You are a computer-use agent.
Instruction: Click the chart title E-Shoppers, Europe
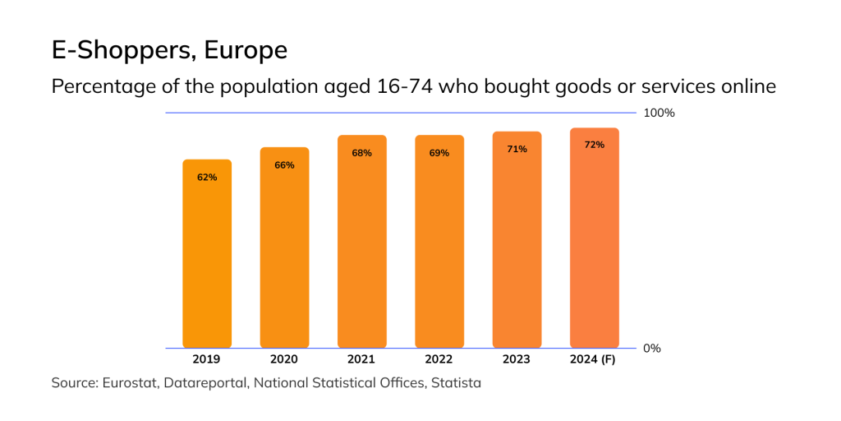pos(169,51)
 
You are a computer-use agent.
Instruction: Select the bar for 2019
pos(207,255)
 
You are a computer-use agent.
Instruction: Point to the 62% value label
pos(207,178)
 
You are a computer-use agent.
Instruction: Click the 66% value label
pos(284,165)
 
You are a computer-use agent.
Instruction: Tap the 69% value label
pos(439,153)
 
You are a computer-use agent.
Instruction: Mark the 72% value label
pos(594,145)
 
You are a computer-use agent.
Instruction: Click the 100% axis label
pos(659,113)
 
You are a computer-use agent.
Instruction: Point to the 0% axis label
pos(652,349)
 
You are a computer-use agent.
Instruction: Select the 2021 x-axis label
pos(361,359)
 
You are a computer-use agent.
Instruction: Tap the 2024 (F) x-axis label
pos(594,359)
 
